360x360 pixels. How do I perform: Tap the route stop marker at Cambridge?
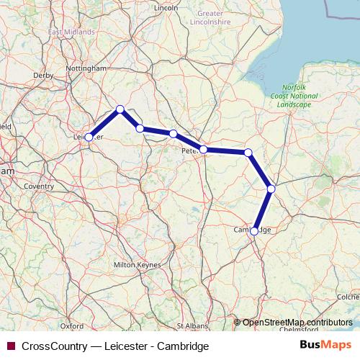(x=254, y=231)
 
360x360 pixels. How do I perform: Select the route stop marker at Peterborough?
(x=204, y=150)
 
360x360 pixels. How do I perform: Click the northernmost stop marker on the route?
(x=120, y=109)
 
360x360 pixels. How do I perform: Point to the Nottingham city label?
(x=86, y=68)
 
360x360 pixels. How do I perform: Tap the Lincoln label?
(x=166, y=8)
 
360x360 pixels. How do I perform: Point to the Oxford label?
(x=72, y=325)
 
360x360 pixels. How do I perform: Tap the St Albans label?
(x=191, y=325)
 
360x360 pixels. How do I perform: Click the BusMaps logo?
(x=330, y=346)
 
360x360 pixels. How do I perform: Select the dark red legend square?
(x=10, y=346)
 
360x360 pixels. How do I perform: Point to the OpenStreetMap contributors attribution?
(x=297, y=322)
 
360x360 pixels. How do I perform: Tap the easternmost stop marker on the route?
(x=271, y=189)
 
